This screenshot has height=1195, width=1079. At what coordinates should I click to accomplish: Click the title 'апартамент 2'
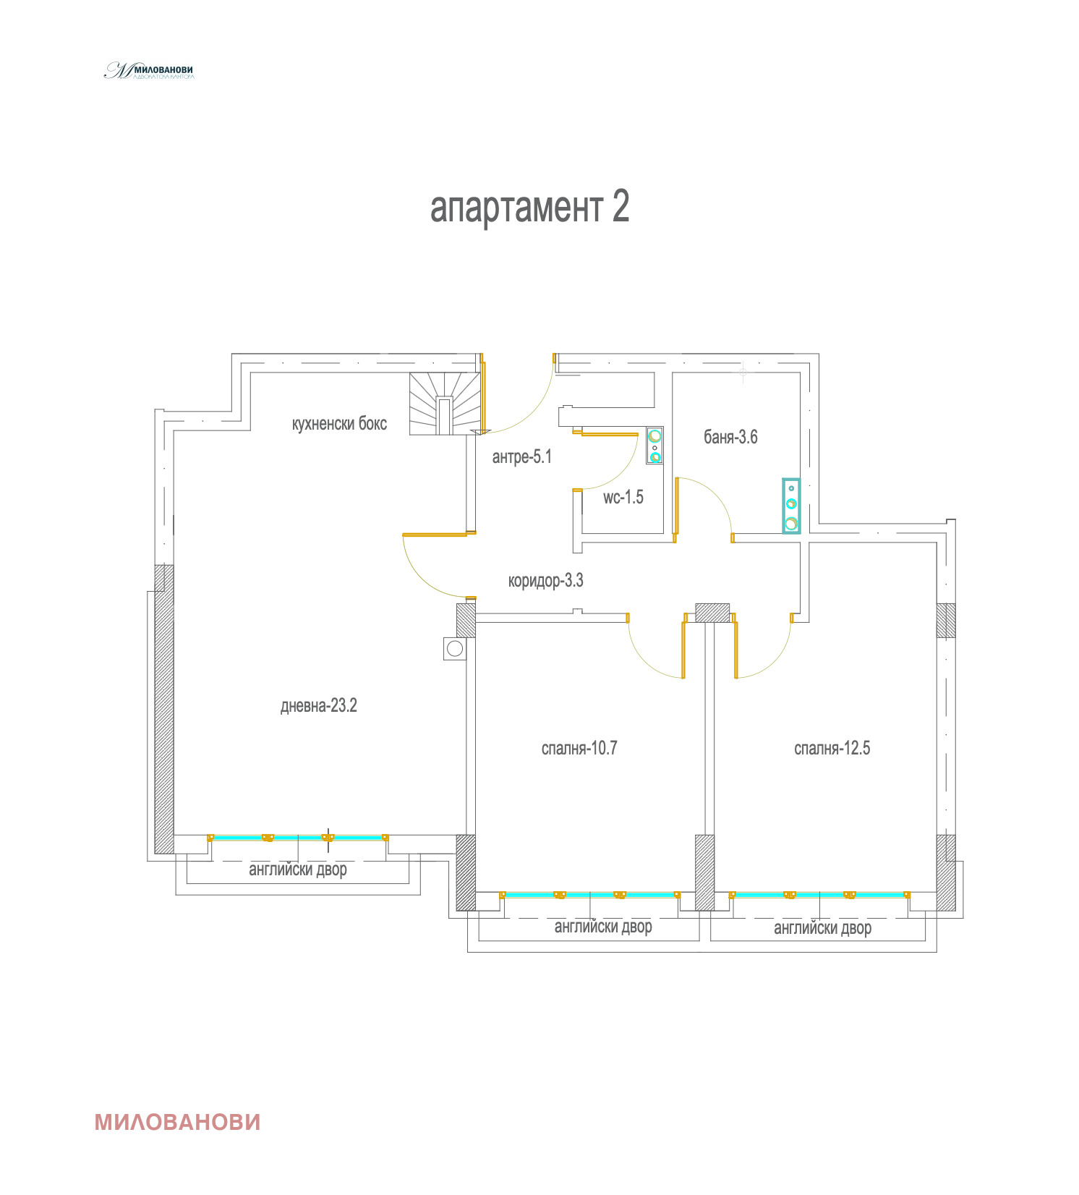click(529, 208)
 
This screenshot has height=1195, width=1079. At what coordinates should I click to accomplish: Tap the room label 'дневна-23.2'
click(318, 706)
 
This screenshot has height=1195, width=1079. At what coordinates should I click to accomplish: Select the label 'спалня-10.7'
click(579, 748)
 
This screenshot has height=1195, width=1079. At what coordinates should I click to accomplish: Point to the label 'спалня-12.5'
click(832, 748)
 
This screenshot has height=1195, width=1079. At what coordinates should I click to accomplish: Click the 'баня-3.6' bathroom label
click(730, 437)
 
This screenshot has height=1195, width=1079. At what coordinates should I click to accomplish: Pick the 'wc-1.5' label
click(623, 497)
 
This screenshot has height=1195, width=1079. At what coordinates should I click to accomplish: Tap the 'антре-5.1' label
click(521, 457)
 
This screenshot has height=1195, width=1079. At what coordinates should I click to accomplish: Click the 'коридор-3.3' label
click(545, 581)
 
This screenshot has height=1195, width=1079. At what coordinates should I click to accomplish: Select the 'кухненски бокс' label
click(339, 423)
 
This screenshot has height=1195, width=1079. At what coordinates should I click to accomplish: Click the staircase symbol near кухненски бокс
click(444, 404)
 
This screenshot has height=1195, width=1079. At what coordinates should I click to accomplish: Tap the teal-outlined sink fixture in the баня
click(791, 506)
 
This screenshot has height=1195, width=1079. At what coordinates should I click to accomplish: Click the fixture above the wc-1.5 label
click(654, 445)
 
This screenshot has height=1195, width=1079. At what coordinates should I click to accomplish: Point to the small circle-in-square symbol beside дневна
click(454, 648)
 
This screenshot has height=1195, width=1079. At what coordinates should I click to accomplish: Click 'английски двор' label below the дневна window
click(297, 869)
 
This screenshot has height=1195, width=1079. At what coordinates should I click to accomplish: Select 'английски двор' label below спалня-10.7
click(603, 927)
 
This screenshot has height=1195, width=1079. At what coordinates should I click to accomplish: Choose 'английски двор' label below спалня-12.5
click(822, 928)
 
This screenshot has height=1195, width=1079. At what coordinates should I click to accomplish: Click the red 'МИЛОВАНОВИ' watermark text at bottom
click(177, 1122)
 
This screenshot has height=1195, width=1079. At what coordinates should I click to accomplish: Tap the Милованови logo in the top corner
click(149, 71)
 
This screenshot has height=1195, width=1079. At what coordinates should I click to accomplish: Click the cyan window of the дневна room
click(297, 838)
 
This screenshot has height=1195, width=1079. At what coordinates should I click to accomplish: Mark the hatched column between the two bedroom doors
click(712, 613)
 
